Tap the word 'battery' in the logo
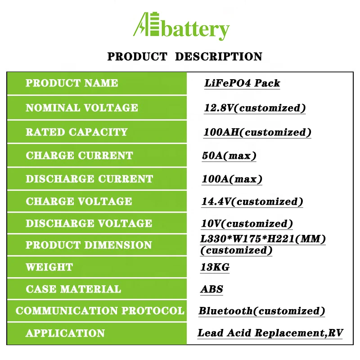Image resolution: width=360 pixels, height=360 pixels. (194, 31)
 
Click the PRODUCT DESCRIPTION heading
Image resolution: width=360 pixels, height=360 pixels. (184, 57)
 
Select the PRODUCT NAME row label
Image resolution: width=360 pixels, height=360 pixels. (72, 83)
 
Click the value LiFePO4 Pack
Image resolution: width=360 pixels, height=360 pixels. (242, 83)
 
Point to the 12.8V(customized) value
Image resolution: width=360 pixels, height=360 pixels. (255, 108)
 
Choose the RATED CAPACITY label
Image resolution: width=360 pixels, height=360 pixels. (76, 132)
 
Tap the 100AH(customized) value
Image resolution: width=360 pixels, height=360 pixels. (257, 132)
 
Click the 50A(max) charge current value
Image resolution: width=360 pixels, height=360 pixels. (229, 156)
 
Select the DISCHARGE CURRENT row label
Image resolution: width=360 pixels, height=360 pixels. (89, 179)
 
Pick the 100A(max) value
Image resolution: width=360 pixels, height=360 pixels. (232, 179)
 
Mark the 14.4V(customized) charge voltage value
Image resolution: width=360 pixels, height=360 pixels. (252, 202)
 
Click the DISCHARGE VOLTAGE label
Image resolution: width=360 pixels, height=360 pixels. (89, 224)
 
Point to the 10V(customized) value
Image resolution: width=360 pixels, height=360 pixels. (247, 224)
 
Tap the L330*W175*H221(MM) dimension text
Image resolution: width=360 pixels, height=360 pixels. (263, 239)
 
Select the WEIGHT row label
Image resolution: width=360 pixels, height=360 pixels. (49, 267)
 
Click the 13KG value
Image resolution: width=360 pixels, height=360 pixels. (215, 267)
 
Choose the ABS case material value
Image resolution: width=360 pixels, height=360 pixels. (211, 289)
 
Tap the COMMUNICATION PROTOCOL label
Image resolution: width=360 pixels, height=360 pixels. (100, 311)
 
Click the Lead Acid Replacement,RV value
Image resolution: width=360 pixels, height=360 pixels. (270, 333)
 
